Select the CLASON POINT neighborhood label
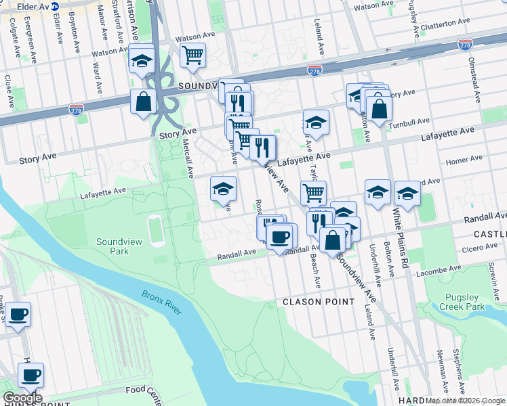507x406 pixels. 318,302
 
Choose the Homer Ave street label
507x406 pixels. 464,159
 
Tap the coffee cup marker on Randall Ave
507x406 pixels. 279,236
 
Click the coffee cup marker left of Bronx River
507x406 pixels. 18,314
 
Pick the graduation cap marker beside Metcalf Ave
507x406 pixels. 224,189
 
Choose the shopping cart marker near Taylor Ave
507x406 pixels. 314,192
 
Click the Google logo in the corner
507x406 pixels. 22,398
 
